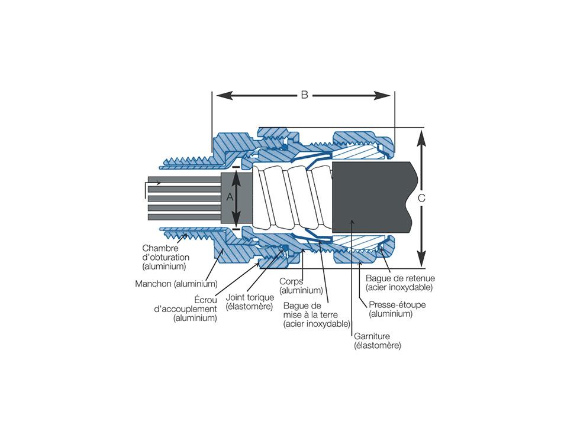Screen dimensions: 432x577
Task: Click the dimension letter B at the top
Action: tap(304, 95)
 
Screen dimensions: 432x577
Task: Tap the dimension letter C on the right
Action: tap(421, 199)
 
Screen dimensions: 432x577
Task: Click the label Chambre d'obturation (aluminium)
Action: tap(166, 257)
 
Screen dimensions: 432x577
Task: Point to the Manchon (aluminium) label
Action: tap(176, 284)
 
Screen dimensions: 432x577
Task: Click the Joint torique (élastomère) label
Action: tap(250, 301)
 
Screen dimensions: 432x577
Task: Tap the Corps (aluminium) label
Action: tap(301, 286)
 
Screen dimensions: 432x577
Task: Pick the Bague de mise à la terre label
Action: tap(316, 314)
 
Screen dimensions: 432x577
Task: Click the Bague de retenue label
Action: tap(400, 282)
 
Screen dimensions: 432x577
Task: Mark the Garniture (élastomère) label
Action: tap(377, 340)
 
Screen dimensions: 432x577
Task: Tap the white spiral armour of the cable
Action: tap(290, 198)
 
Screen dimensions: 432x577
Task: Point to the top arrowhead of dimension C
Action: tap(421, 135)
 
